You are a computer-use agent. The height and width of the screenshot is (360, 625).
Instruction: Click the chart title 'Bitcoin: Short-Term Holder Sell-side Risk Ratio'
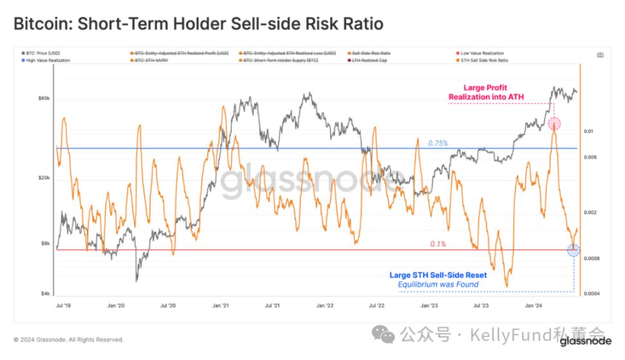point(198,24)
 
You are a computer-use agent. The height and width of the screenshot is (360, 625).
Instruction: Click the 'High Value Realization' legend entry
point(49,60)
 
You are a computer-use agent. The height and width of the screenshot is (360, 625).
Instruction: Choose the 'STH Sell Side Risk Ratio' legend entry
point(484,60)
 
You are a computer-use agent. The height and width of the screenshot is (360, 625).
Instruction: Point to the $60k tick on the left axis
point(44,99)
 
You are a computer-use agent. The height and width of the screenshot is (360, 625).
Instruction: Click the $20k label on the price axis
point(44,178)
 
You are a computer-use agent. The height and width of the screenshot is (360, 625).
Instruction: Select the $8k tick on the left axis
point(45,244)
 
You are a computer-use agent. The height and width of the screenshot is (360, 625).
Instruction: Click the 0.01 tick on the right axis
point(588,131)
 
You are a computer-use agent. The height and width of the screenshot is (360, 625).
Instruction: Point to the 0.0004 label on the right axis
point(592,294)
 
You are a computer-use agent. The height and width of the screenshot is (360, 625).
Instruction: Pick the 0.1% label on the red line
point(438,244)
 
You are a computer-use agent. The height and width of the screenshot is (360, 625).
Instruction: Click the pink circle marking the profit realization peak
point(554,123)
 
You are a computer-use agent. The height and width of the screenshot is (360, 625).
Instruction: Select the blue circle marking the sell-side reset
point(574,250)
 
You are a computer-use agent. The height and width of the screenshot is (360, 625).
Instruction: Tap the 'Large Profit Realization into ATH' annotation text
point(486,92)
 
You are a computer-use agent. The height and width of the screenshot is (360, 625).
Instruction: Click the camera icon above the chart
point(600,55)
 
